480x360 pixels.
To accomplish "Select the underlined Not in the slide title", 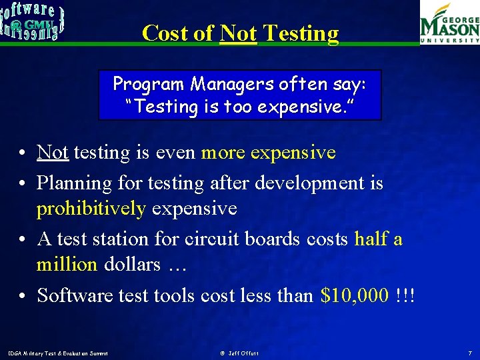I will [238, 33].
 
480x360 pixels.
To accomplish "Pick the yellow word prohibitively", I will [91, 209].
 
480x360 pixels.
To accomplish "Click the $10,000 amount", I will [353, 295].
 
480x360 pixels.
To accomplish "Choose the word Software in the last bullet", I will [77, 295].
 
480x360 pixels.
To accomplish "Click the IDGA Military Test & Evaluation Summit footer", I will [58, 352].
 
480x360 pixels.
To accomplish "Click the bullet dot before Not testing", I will [23, 153].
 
